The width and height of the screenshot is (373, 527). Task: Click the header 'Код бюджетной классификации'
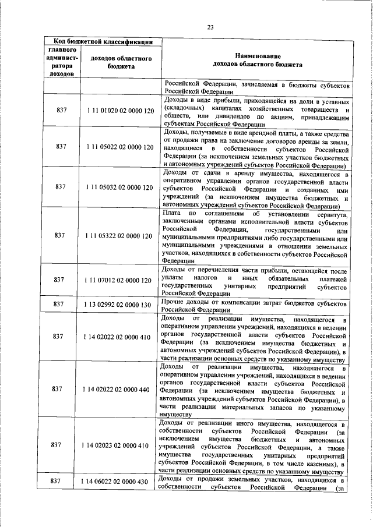103,41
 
